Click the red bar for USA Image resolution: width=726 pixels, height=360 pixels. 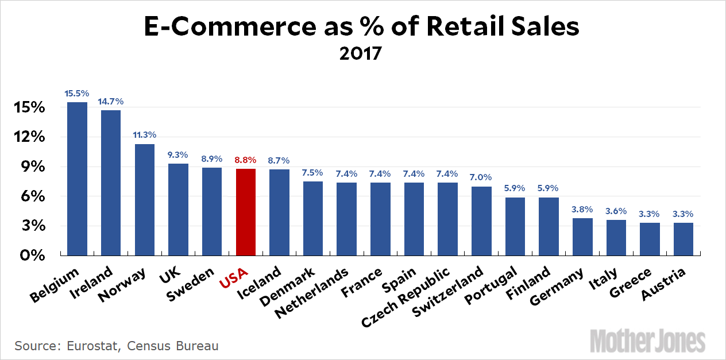pyautogui.click(x=246, y=212)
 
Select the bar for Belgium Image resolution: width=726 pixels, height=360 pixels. pyautogui.click(x=78, y=179)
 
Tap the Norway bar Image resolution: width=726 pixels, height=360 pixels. pyautogui.click(x=145, y=199)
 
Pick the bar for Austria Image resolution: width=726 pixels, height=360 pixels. pyautogui.click(x=683, y=239)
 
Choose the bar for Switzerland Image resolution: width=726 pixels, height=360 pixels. pyautogui.click(x=481, y=220)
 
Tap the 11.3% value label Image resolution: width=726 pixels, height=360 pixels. pyautogui.click(x=145, y=134)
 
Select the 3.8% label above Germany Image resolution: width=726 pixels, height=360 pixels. pyautogui.click(x=582, y=209)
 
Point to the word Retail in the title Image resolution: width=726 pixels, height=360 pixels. pyautogui.click(x=467, y=27)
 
